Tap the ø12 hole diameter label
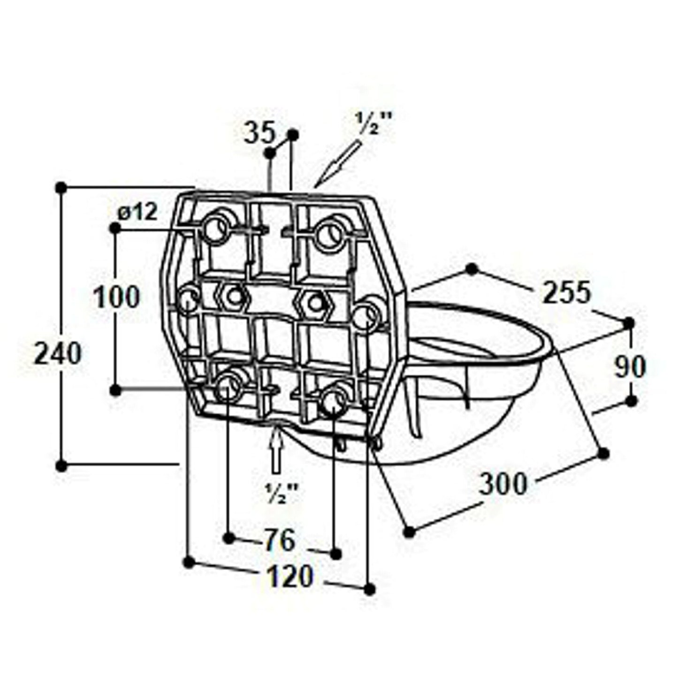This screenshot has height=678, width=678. click(137, 212)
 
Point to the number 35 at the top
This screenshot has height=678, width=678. click(259, 133)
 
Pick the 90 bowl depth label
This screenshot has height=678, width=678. click(630, 367)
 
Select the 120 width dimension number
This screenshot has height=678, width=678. click(290, 576)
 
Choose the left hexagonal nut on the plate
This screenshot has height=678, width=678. click(233, 297)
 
